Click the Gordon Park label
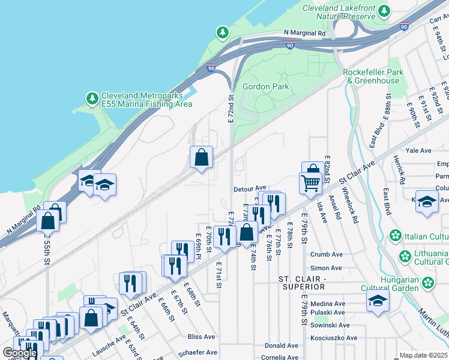click(x=265, y=86)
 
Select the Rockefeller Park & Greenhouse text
click(x=371, y=76)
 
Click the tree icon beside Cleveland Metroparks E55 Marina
click(x=92, y=97)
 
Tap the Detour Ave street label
click(x=250, y=188)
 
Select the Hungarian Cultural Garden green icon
click(x=428, y=281)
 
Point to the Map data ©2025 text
click(x=423, y=355)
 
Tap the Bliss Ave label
click(x=201, y=337)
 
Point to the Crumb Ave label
click(x=326, y=254)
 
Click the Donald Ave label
click(x=282, y=346)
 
